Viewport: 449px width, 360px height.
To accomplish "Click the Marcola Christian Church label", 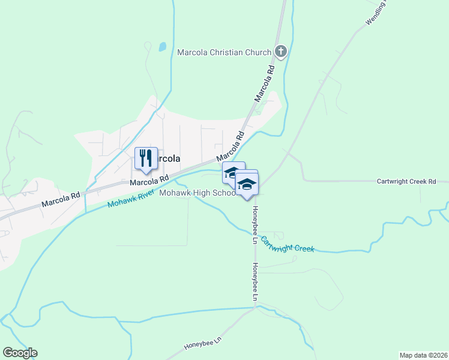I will pyautogui.click(x=224, y=52).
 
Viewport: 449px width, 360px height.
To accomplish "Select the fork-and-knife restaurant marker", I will pyautogui.click(x=146, y=158).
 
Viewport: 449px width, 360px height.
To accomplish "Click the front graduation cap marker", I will pyautogui.click(x=246, y=184).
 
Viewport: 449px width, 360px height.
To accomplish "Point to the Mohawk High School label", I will pyautogui.click(x=197, y=193).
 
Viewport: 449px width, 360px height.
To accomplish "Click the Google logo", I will pyautogui.click(x=20, y=353).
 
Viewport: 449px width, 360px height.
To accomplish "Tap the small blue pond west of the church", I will pyautogui.click(x=162, y=46).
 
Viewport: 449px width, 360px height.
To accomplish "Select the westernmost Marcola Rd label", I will pyautogui.click(x=61, y=200).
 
